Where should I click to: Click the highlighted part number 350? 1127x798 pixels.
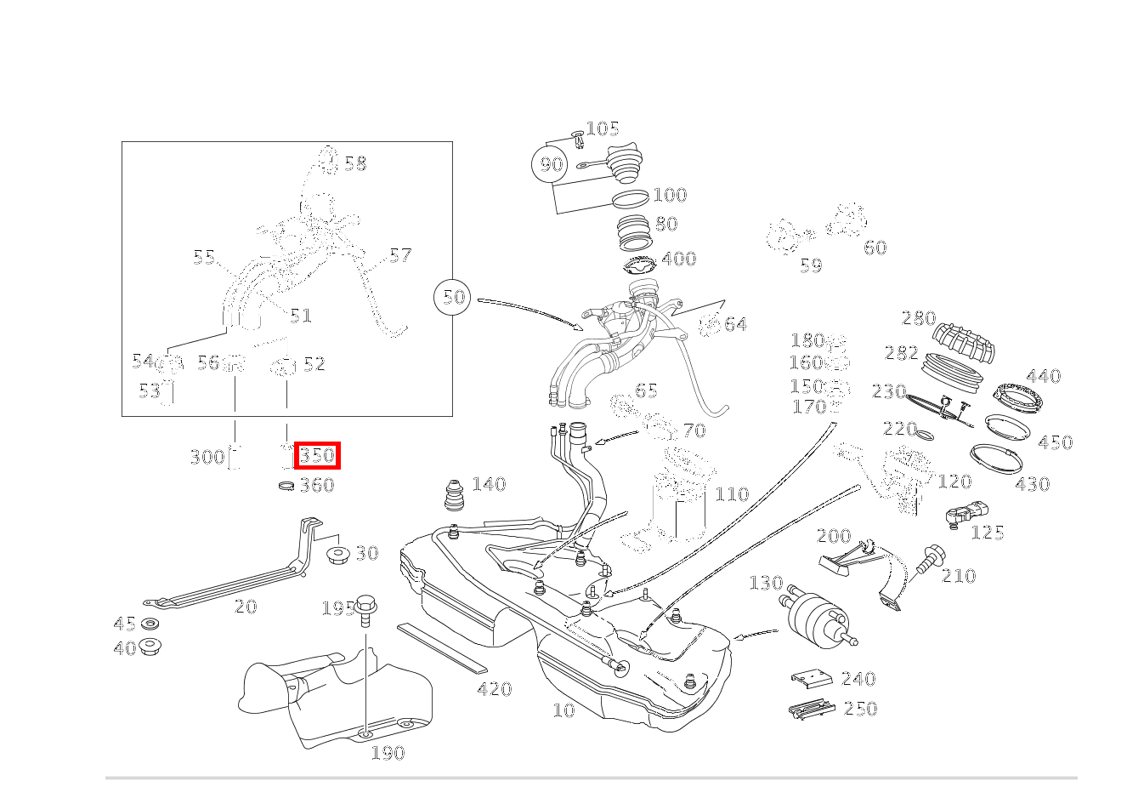pos(318,456)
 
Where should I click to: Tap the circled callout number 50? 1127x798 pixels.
pos(455,297)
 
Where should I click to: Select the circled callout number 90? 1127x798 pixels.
pos(552,164)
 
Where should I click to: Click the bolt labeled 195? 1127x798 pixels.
pos(367,609)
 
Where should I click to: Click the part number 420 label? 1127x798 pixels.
pos(494,689)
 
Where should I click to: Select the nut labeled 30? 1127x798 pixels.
pos(339,556)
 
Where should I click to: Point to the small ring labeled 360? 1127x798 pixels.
pos(287,486)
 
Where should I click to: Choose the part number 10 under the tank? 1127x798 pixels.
pos(563,710)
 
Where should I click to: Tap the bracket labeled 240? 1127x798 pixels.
pos(811,678)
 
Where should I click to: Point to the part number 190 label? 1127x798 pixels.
pos(388,753)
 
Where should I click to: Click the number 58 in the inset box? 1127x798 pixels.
pos(355,163)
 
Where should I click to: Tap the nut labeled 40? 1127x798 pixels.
pos(150,647)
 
